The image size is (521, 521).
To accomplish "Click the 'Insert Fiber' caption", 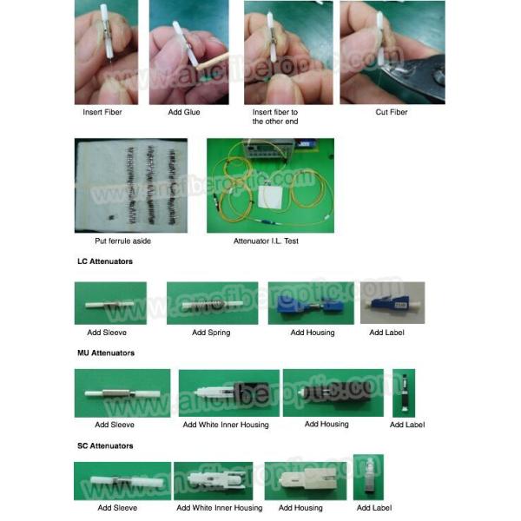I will [103, 112].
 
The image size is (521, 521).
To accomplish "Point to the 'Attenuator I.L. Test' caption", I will [266, 241].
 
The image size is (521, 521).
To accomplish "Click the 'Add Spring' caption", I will [211, 333].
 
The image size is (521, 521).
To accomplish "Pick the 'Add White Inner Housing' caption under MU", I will [226, 425].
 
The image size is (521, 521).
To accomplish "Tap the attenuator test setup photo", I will [269, 185].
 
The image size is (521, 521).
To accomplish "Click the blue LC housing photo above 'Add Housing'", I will [310, 303].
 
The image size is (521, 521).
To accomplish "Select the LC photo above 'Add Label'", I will [392, 303].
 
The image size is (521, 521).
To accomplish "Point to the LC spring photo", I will [212, 303].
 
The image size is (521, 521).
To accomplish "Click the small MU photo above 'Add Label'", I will [403, 393].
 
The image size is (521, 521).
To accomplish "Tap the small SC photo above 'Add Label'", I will [367, 477].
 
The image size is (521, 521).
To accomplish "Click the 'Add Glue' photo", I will [188, 52].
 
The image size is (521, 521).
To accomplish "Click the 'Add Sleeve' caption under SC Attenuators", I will [117, 508].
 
